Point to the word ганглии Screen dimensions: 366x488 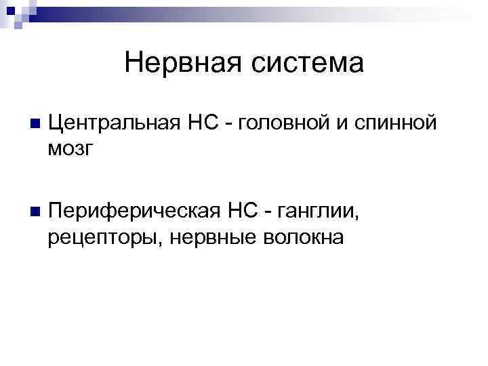pyautogui.click(x=317, y=213)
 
